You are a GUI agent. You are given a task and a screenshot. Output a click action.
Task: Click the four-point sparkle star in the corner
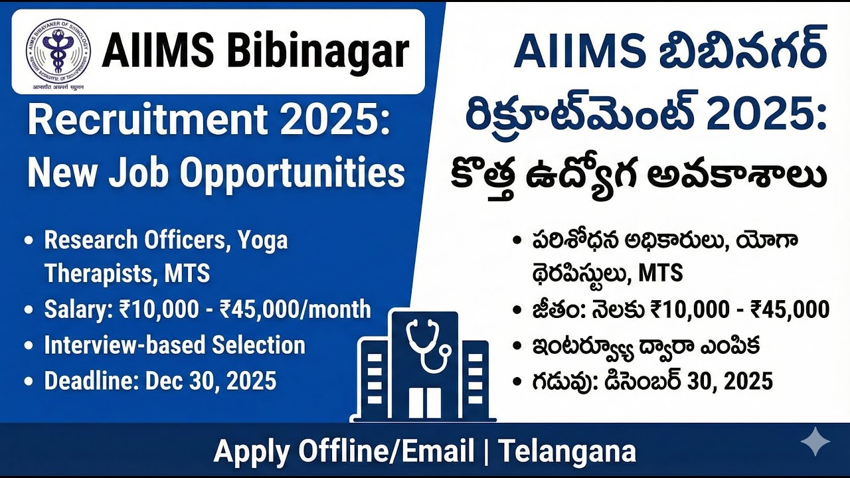(x=814, y=442)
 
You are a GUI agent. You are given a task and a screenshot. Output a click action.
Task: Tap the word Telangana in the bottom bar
(x=567, y=451)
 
